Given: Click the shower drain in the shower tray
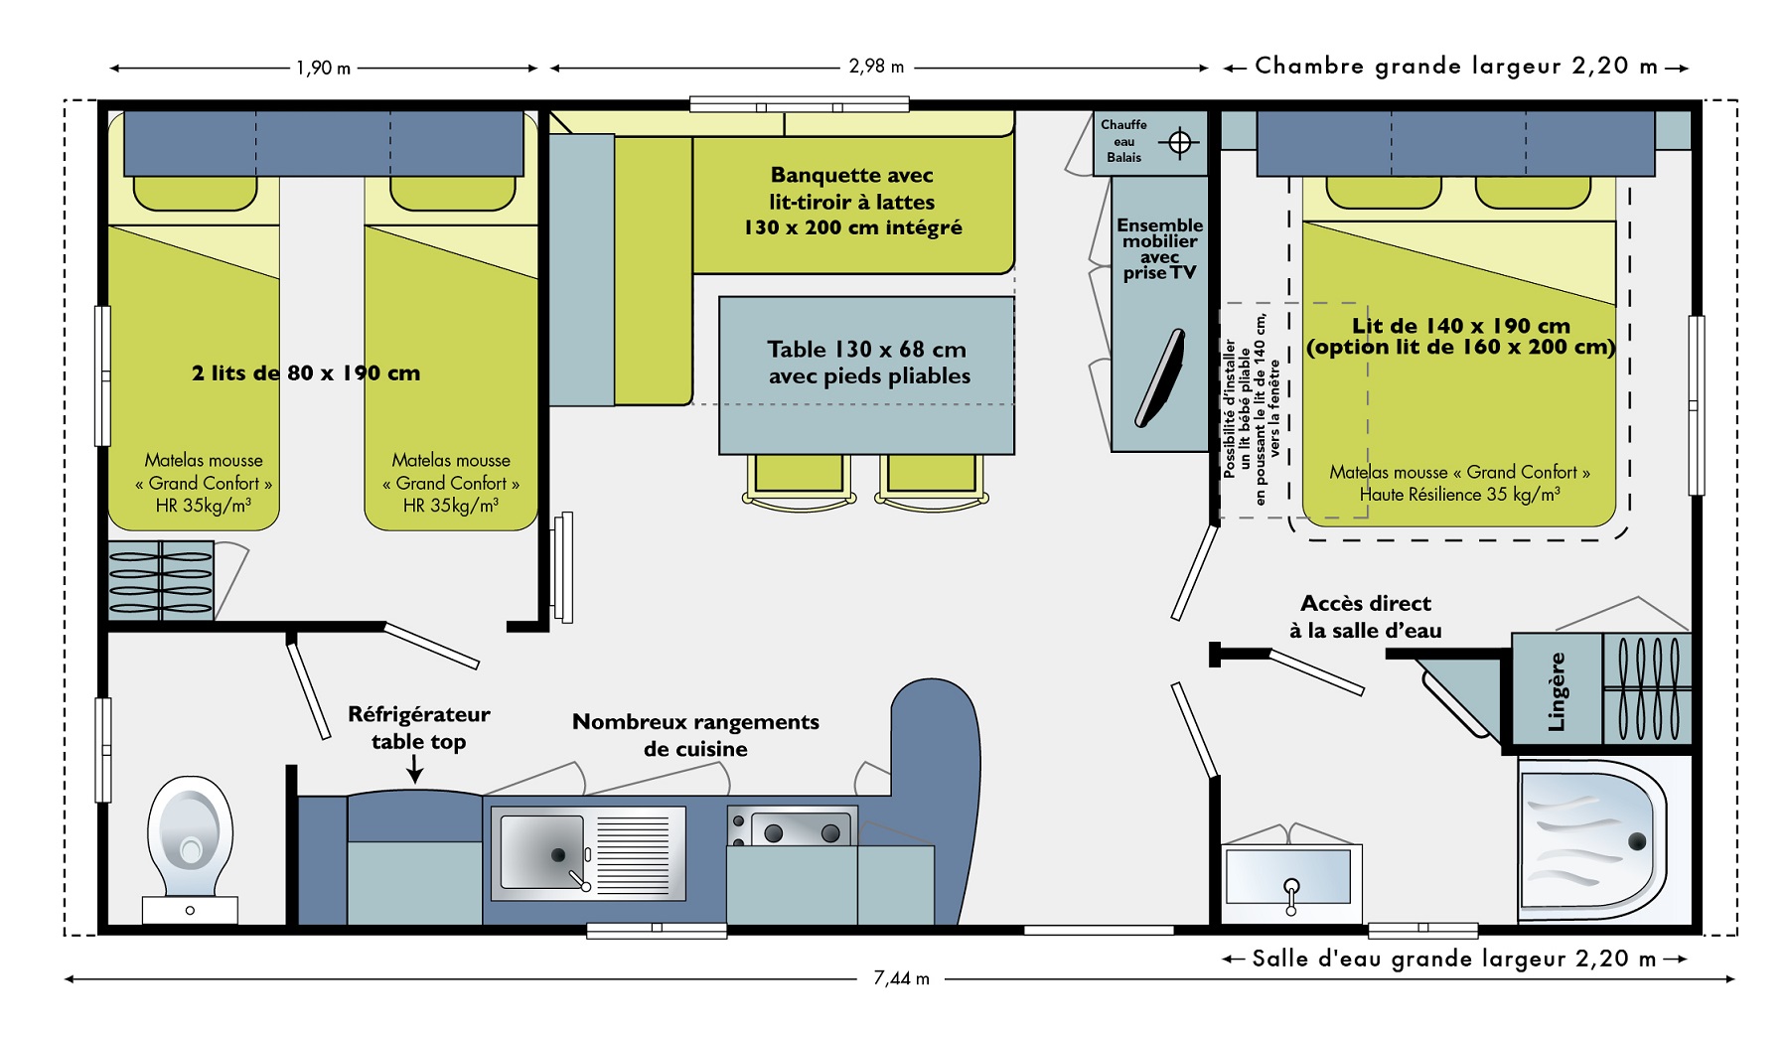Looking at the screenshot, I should coord(1637,841).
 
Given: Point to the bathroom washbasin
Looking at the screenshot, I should coord(1289,875).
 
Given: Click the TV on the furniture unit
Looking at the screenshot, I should coord(1160,377).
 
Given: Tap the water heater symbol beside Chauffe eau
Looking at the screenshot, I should coord(1179,142).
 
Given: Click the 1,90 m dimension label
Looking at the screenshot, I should coord(323,69).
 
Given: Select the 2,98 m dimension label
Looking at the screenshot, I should coord(876,67).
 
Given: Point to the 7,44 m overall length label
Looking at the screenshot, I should coord(901,978).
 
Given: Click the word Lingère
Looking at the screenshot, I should coord(1557,691).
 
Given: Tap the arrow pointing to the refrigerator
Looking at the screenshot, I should coord(416,769).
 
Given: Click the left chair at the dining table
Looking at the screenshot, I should coord(799,482).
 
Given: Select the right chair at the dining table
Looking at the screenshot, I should coord(932,482).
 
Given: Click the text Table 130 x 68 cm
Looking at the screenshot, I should coord(866,350).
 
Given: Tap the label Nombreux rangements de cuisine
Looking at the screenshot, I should coord(695,735).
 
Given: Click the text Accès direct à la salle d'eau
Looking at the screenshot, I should coord(1366,617).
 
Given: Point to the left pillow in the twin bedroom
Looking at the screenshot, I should coord(195,192).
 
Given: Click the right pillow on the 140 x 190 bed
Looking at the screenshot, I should coord(1533,191).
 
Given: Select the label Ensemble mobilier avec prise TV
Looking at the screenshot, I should coord(1159,248).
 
